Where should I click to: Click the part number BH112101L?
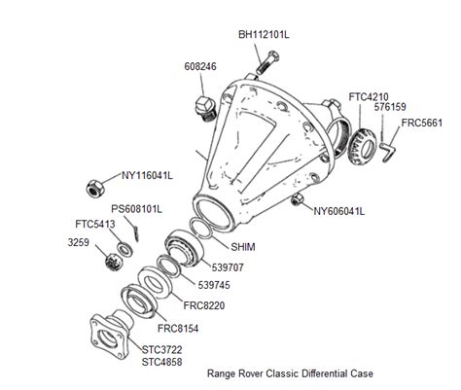265,34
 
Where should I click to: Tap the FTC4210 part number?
366,96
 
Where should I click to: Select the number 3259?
81,239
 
